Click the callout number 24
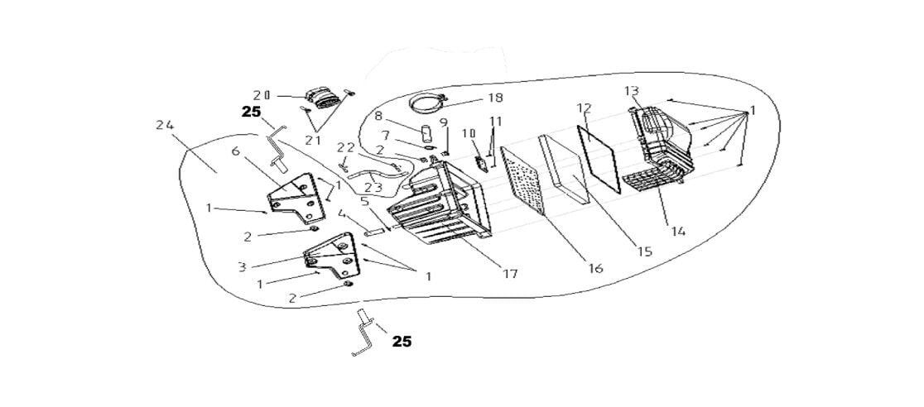[164, 125]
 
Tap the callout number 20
[262, 94]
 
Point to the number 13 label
[631, 90]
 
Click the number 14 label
[678, 231]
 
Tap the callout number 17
[510, 272]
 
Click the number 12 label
[584, 108]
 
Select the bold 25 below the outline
[401, 341]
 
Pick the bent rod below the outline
[364, 335]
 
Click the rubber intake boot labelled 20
[320, 99]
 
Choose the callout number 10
[469, 132]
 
